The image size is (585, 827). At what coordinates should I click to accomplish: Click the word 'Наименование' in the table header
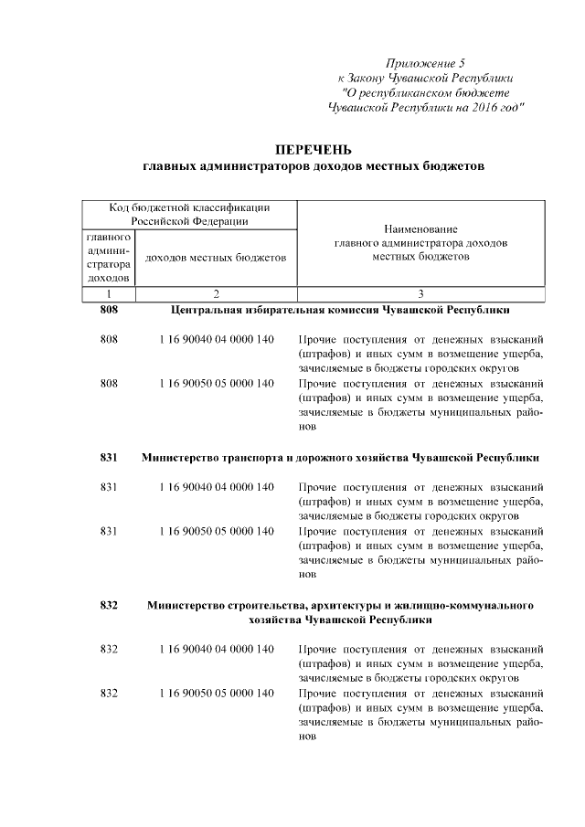coord(420,228)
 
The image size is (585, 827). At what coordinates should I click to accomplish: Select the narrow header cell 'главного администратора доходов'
coord(109,257)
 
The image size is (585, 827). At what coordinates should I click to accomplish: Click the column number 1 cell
coord(109,294)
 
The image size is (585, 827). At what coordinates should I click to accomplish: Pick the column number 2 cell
coord(216,294)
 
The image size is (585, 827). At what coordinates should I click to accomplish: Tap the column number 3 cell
coord(420,294)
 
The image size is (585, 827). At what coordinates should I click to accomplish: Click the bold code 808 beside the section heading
coord(109,311)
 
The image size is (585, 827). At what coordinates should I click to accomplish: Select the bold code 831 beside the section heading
coord(109,456)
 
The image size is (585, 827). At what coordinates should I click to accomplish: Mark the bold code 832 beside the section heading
coord(109,605)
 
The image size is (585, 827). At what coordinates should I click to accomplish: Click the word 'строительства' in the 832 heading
coord(260,605)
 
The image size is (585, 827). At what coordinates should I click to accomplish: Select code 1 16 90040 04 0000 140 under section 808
coord(216,339)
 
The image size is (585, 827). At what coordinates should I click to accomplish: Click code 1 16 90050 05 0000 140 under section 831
coord(216,531)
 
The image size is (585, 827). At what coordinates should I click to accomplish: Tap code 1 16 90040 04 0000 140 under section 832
coord(216,649)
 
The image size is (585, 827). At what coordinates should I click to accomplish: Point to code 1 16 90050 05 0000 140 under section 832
coord(216,694)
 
